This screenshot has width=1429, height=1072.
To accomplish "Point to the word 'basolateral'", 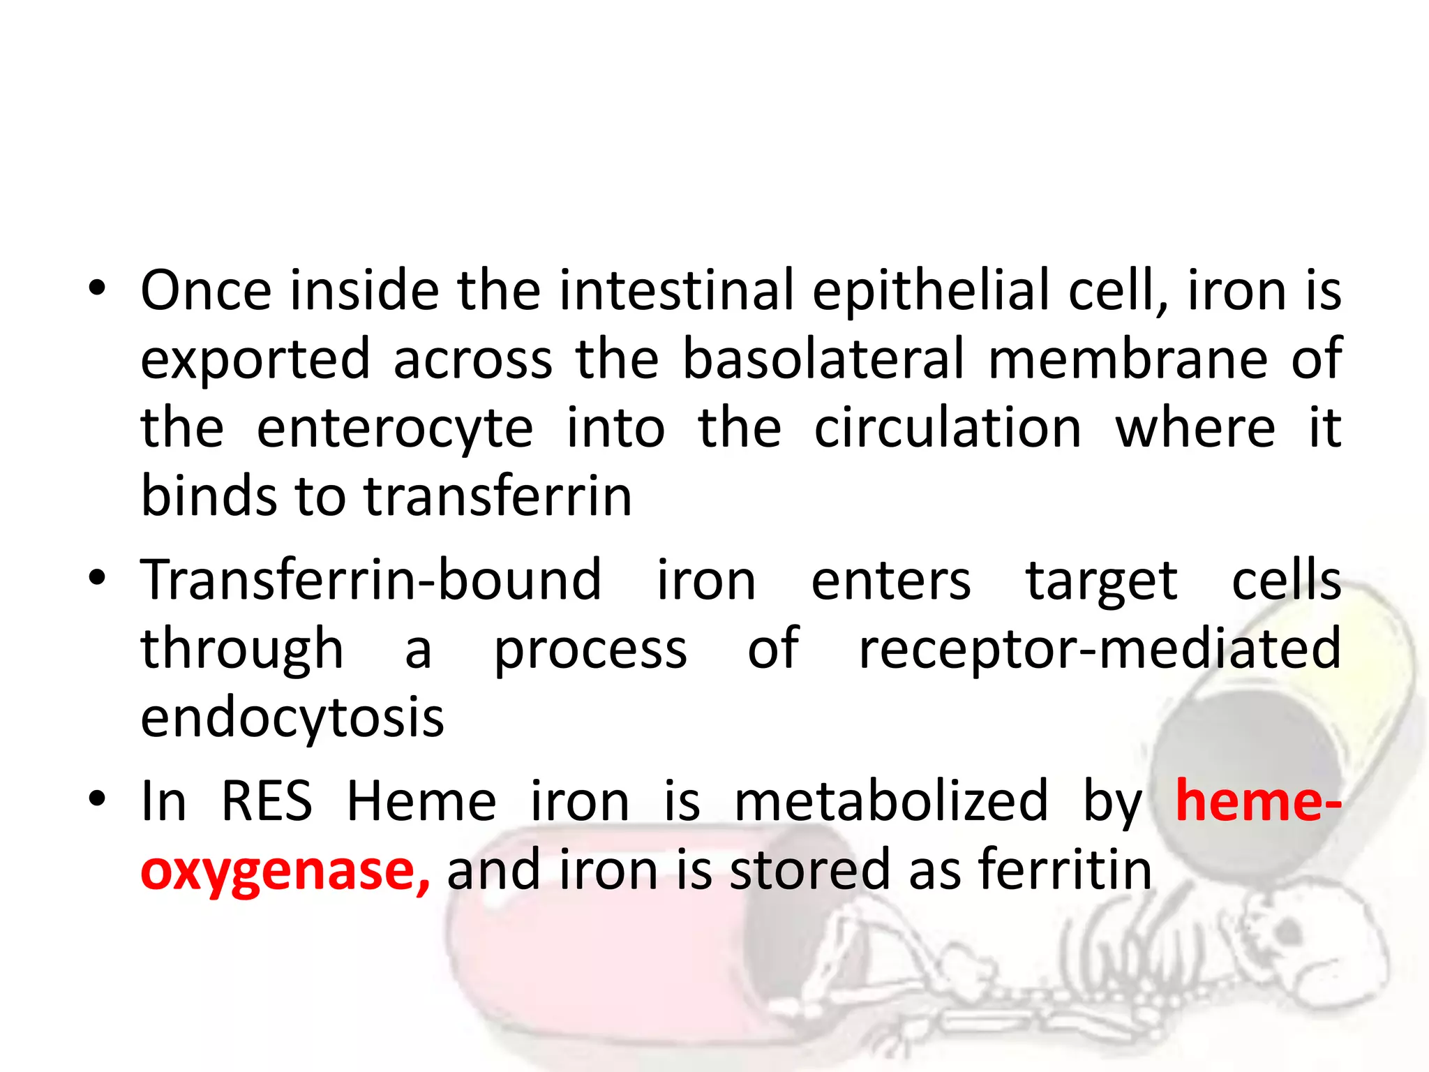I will coord(823,359).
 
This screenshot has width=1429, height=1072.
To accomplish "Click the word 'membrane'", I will coord(1128,359).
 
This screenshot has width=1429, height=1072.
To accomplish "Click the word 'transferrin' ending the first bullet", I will coord(498,496).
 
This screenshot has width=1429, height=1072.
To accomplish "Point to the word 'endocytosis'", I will coord(292,719).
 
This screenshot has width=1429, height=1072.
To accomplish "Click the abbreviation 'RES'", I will coord(267,801).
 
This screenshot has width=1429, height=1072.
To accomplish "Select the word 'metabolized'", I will coord(891,801).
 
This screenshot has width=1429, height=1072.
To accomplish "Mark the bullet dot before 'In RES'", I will coord(97,798).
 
